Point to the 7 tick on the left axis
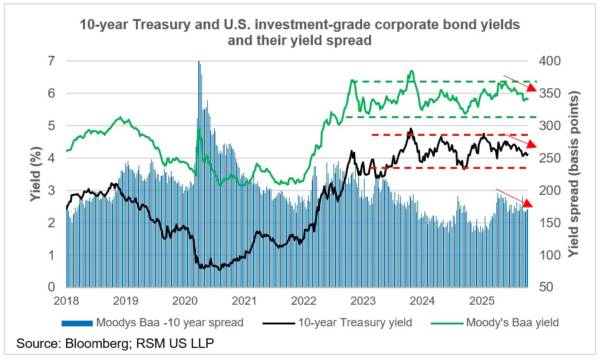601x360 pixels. pos(52,61)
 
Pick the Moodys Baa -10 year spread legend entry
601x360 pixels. pos(169,323)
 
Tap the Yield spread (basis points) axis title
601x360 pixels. pos(575,174)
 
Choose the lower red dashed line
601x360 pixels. pos(445,168)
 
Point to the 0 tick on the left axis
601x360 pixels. pos(52,287)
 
